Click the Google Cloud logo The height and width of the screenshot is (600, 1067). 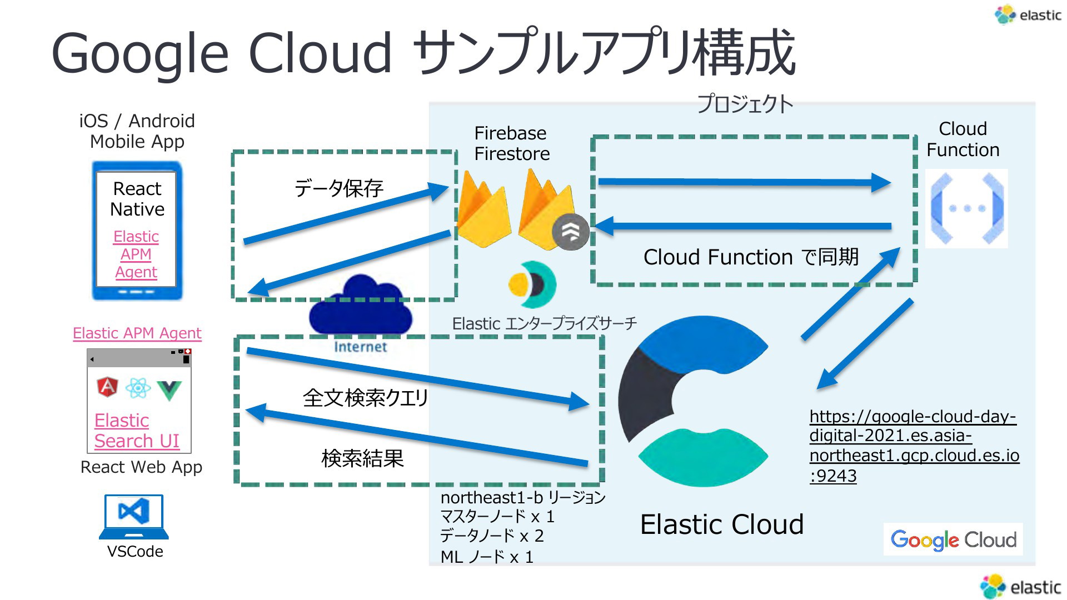click(953, 539)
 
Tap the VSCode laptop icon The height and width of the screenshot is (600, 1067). click(134, 517)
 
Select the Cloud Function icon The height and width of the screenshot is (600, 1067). click(966, 208)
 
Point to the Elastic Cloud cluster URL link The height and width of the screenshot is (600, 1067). click(914, 446)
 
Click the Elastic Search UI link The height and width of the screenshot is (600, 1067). click(137, 431)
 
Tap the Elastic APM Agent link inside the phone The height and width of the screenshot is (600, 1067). click(136, 254)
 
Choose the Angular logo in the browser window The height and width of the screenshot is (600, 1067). click(107, 387)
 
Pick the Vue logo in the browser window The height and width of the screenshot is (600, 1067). click(169, 390)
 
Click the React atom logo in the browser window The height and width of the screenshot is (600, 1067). click(138, 388)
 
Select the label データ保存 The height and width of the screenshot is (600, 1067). click(338, 188)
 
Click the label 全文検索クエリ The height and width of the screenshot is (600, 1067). click(366, 398)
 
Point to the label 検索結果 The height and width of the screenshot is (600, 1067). click(362, 458)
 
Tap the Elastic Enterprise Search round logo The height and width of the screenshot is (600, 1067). click(532, 284)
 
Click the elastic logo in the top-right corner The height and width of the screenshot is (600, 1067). click(1028, 15)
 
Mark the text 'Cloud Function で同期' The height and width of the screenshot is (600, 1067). click(751, 257)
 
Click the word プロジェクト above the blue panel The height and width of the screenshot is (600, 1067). click(745, 104)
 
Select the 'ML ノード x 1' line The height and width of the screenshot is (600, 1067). click(487, 557)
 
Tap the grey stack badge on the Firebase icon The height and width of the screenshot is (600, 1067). click(570, 232)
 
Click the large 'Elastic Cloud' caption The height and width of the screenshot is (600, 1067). click(722, 524)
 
